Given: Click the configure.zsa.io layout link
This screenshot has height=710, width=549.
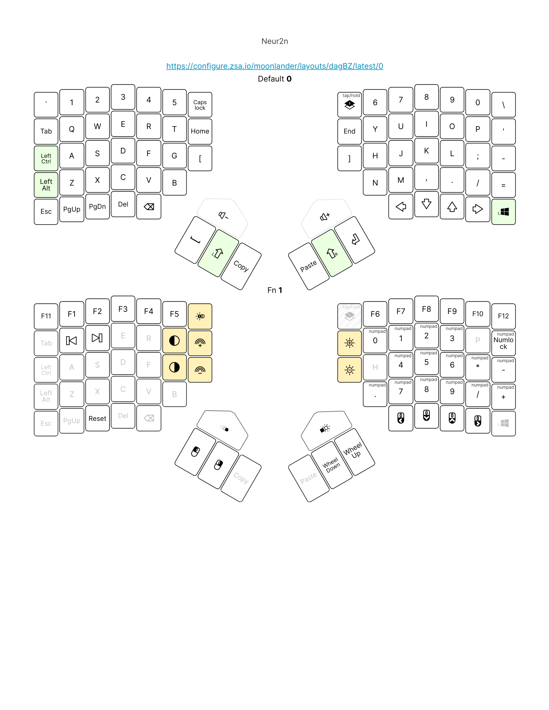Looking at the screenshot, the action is tap(274, 66).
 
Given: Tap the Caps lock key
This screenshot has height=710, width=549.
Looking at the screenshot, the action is tap(200, 105).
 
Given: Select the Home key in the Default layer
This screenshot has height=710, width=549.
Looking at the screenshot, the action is tap(200, 131).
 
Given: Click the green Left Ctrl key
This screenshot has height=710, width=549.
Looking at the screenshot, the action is tap(46, 158).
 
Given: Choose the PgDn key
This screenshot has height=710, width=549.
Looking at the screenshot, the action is tap(97, 207).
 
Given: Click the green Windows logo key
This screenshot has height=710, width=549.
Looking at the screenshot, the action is tap(503, 212).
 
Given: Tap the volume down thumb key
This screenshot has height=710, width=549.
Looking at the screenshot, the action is tap(223, 216).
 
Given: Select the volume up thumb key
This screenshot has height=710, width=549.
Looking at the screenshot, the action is tap(325, 217).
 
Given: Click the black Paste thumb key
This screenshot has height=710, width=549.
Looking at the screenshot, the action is tap(308, 266).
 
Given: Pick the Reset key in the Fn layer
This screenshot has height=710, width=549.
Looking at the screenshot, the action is tap(97, 419).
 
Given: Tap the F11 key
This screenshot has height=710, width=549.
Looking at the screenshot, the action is tap(46, 316).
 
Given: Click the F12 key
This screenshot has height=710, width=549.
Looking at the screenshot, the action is tap(503, 316).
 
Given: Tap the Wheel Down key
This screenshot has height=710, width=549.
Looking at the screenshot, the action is tap(332, 465).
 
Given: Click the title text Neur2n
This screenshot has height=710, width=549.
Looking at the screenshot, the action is tap(274, 41).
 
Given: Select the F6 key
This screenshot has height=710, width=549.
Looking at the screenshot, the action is tap(375, 314).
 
